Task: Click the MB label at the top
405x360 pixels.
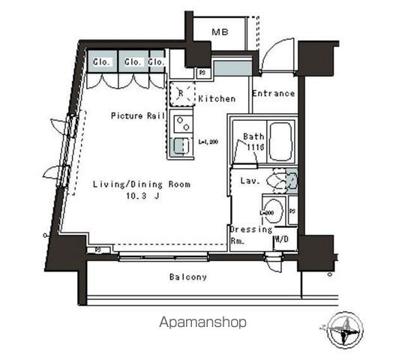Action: point(219,32)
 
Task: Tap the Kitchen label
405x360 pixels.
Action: point(216,98)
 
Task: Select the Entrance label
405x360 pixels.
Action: point(272,94)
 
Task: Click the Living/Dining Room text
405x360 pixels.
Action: point(141,184)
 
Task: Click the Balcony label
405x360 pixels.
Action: point(187,277)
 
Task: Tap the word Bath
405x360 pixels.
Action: point(253,136)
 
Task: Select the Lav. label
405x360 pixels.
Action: point(250,181)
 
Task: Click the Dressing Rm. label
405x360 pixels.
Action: point(250,235)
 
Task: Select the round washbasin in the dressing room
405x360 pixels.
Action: point(274,211)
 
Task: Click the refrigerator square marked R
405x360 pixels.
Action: point(181,94)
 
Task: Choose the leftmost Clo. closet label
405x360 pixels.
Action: point(102,61)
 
